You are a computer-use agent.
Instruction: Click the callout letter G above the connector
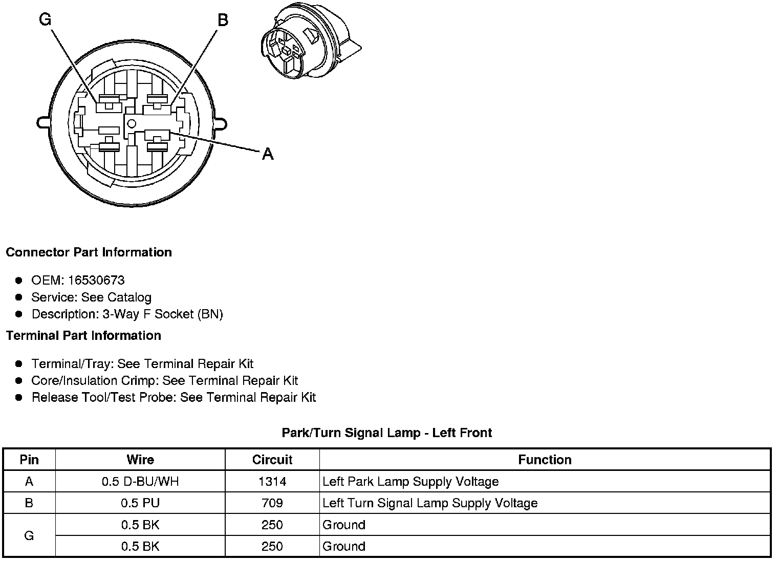point(45,20)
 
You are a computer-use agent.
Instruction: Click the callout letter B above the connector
point(223,20)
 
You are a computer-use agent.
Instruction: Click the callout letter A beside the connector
point(268,154)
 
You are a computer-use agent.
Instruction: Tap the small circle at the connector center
point(132,123)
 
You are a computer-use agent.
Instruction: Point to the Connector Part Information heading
point(89,252)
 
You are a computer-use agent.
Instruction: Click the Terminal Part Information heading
point(83,335)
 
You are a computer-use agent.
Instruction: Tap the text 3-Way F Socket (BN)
point(163,314)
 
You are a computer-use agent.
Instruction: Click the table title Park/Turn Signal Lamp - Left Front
point(386,433)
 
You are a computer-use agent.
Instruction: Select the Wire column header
point(140,460)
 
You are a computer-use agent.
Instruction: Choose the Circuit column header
point(272,460)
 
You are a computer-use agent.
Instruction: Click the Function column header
point(545,460)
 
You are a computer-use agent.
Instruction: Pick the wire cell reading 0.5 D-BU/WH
point(140,482)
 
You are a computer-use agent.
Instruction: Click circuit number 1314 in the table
point(272,482)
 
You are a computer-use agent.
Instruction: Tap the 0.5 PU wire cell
point(140,503)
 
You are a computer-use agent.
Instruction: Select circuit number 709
point(272,503)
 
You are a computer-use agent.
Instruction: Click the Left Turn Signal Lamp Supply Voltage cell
point(430,503)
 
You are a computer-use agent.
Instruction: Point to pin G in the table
point(29,535)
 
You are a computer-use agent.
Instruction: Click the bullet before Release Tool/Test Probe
point(19,397)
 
